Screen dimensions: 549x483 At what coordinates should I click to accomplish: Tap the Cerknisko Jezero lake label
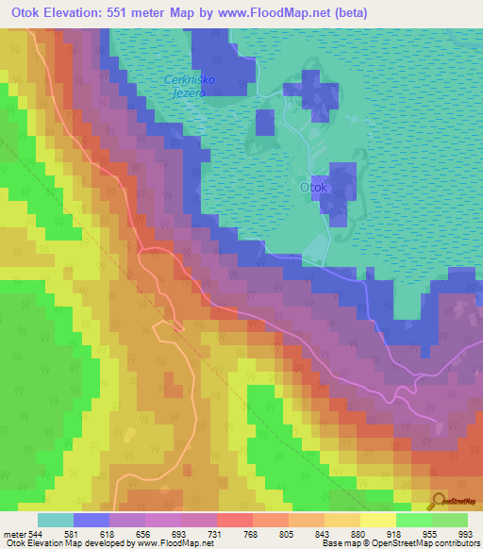coord(190,86)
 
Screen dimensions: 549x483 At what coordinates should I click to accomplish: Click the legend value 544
coord(36,533)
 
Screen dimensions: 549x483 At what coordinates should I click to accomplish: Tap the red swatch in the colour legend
coord(234,520)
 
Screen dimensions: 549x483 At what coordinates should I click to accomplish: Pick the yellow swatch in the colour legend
coord(377,520)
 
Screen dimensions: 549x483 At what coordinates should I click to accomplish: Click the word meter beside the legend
coord(13,533)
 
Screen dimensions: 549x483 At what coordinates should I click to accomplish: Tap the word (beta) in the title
coord(344,13)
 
